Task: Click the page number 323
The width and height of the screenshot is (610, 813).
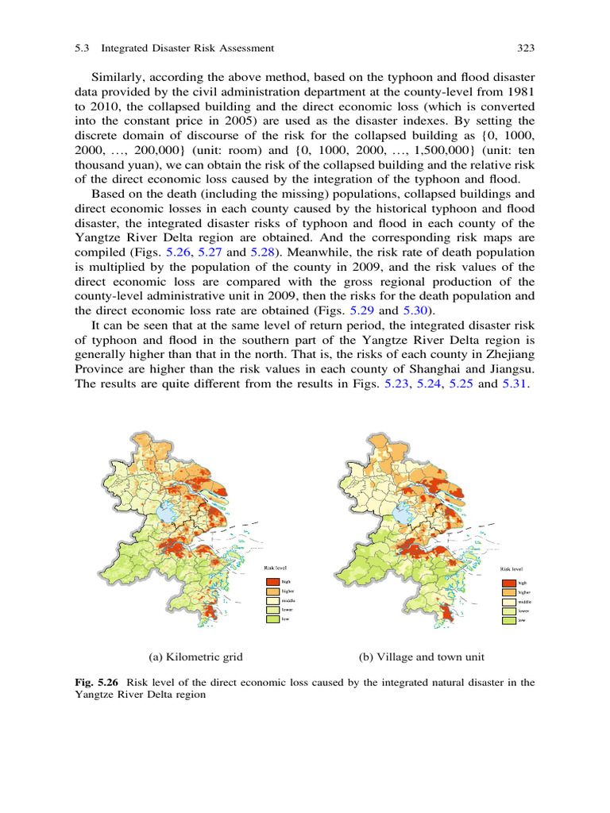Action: [524, 48]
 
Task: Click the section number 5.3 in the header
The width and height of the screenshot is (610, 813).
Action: [82, 48]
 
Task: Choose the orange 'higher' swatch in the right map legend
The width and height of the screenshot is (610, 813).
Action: [509, 592]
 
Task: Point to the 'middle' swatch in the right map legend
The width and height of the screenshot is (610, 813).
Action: [509, 602]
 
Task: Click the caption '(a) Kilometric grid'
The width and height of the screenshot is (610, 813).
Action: [195, 657]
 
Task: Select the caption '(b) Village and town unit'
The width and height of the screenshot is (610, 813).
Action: [422, 657]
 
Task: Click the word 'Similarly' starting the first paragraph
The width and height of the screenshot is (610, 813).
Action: [118, 77]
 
